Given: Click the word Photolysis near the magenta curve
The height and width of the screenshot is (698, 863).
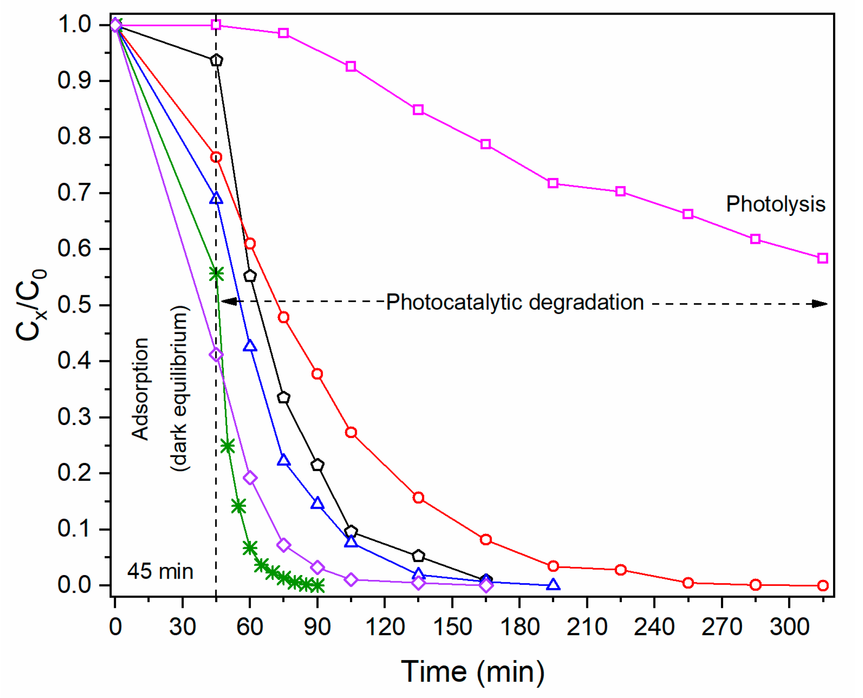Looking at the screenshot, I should click(775, 204).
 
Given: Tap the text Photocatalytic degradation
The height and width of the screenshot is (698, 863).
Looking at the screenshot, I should click(515, 302).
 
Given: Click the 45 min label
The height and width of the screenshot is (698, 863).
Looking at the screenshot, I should click(160, 571).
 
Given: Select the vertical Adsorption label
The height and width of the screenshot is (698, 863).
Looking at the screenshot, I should click(140, 389).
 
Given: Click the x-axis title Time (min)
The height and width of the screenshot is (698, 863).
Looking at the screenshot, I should click(472, 672).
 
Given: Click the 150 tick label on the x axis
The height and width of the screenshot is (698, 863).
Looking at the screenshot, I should click(452, 627).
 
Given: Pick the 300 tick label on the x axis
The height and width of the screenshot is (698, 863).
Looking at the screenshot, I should click(789, 627).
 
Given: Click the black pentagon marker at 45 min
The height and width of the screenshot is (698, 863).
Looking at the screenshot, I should click(216, 60).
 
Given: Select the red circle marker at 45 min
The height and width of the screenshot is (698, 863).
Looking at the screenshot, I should click(216, 157).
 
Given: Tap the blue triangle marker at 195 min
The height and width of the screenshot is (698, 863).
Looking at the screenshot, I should click(553, 584).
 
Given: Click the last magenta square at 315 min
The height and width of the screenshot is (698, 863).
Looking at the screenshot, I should click(822, 258).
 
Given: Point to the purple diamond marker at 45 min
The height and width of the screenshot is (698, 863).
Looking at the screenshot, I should click(216, 355).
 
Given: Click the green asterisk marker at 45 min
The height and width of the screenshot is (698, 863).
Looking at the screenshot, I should click(216, 274).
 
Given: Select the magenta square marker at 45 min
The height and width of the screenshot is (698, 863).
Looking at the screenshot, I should click(216, 25).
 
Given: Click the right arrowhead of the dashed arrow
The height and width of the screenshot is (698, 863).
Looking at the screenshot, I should click(820, 304).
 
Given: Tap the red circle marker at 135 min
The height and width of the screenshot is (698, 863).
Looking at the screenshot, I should click(418, 497).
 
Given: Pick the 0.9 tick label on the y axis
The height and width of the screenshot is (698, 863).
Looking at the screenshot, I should click(74, 80).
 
